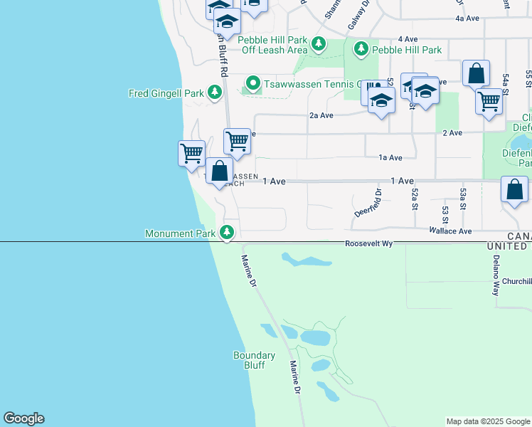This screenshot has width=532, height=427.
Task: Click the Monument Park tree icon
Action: pyautogui.click(x=227, y=233)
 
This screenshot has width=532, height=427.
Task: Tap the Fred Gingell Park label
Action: pyautogui.click(x=166, y=93)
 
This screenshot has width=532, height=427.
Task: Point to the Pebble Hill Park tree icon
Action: pyautogui.click(x=362, y=49)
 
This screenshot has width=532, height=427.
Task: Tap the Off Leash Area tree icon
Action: pyautogui.click(x=319, y=45)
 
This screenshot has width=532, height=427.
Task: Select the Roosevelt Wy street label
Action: pyautogui.click(x=369, y=243)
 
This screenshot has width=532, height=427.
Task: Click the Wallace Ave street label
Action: pyautogui.click(x=450, y=231)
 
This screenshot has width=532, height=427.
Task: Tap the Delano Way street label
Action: pyautogui.click(x=496, y=277)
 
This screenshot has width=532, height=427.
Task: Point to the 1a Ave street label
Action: pyautogui.click(x=390, y=157)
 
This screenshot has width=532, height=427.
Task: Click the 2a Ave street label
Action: pyautogui.click(x=321, y=115)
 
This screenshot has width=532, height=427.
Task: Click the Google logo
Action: pyautogui.click(x=23, y=418)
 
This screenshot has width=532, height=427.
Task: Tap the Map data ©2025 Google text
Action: pyautogui.click(x=487, y=421)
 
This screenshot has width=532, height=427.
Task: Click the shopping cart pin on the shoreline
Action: pyautogui.click(x=191, y=153)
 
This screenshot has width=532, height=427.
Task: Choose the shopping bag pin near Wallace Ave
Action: pyautogui.click(x=514, y=191)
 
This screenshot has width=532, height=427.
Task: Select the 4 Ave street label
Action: pyautogui.click(x=408, y=38)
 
